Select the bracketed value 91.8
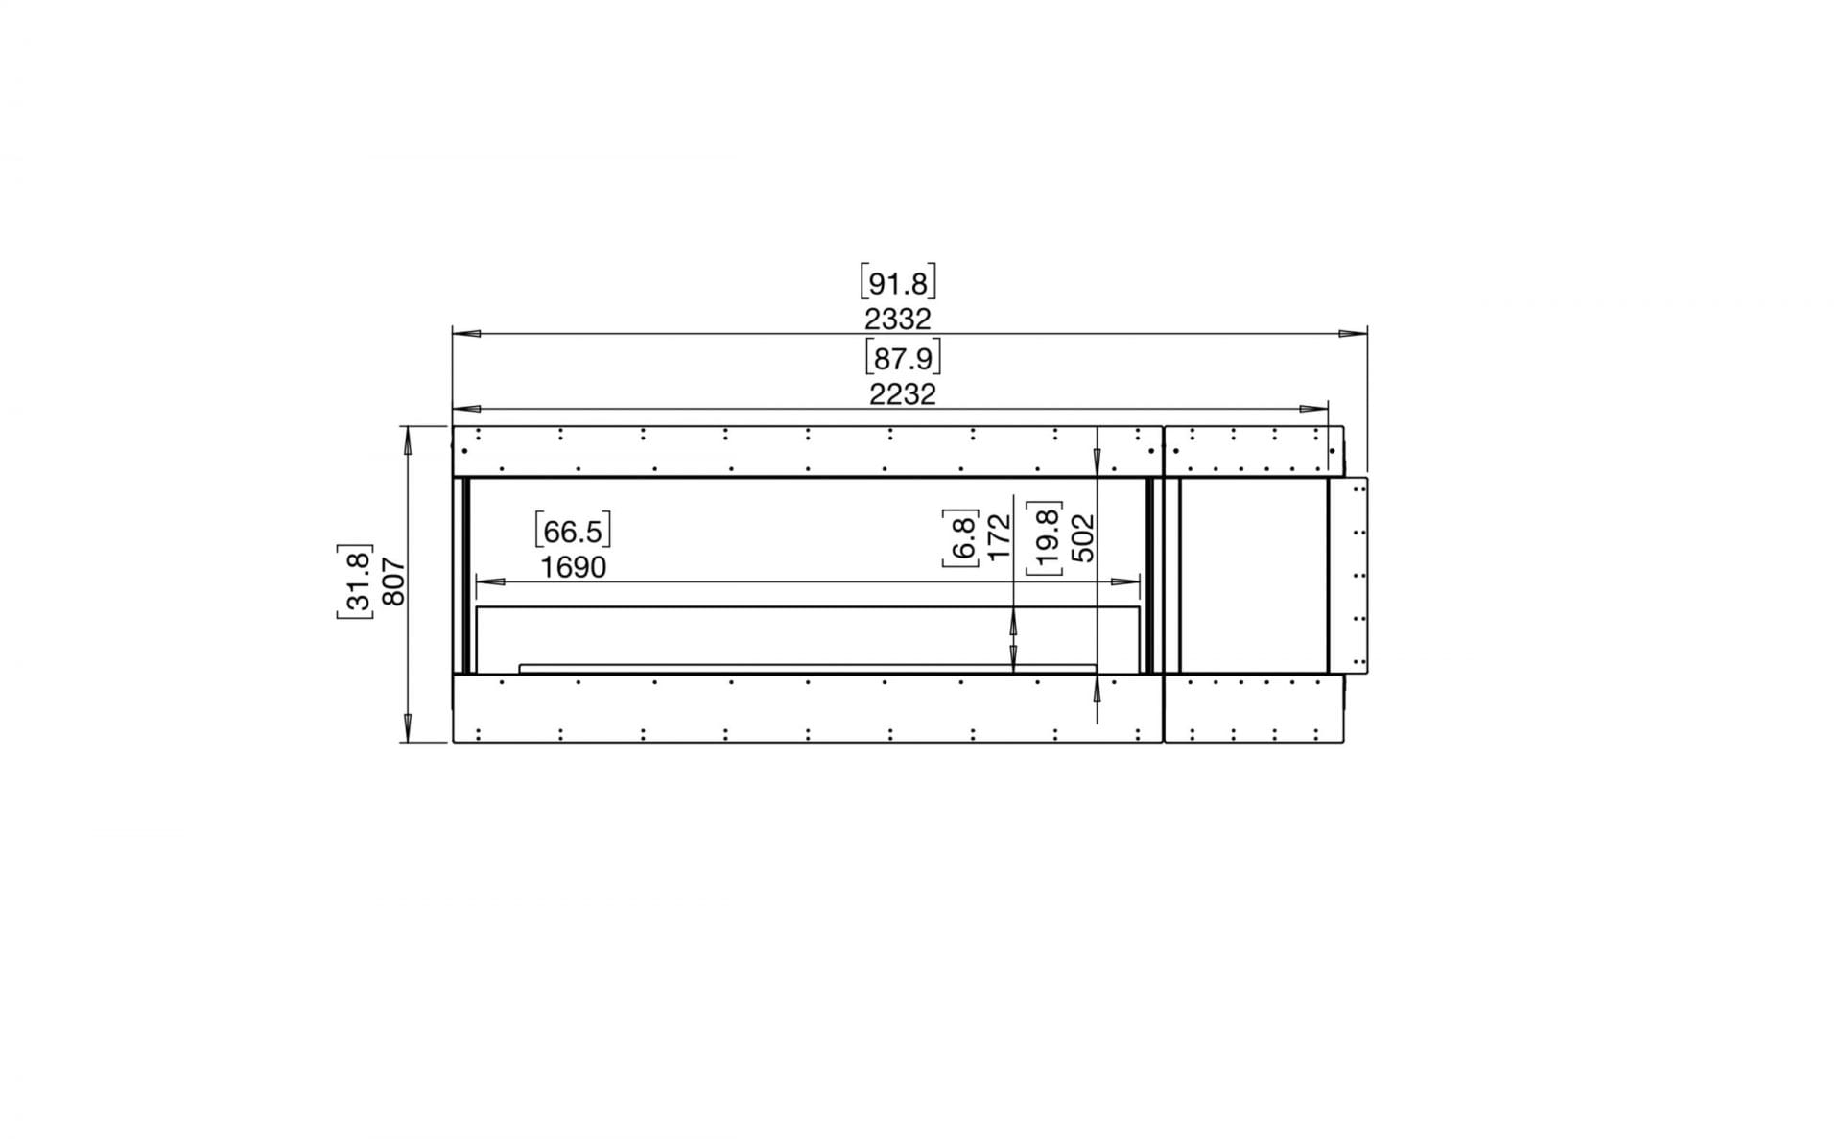898,283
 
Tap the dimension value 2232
902,393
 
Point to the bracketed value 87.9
902,358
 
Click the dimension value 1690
573,567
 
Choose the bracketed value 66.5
573,531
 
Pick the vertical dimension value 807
393,581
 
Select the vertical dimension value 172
999,537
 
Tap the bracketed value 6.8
961,537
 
